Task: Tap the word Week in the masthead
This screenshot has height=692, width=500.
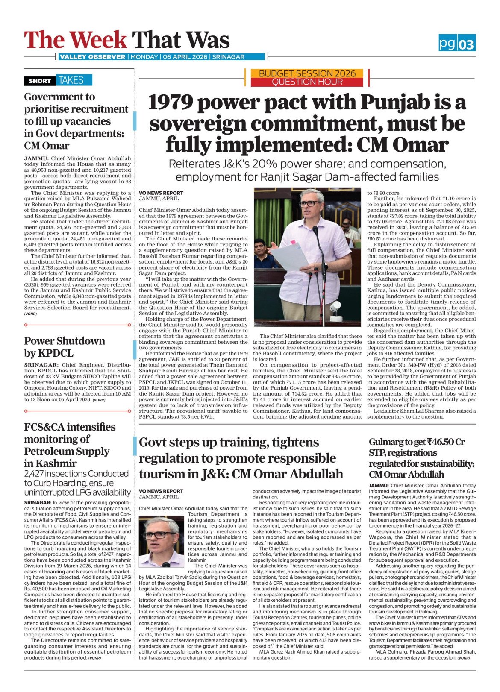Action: pyautogui.click(x=99, y=40)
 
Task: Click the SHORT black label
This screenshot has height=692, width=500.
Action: pyautogui.click(x=40, y=81)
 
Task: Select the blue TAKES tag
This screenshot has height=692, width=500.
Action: pyautogui.click(x=71, y=80)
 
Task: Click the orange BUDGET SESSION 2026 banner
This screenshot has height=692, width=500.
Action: pyautogui.click(x=307, y=73)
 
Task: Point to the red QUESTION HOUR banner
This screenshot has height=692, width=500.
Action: pyautogui.click(x=307, y=82)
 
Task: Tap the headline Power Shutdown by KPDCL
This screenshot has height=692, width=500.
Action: pyautogui.click(x=64, y=347)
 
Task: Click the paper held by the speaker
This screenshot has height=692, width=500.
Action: pyautogui.click(x=290, y=256)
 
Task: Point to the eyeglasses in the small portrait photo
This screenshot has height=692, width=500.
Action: pyautogui.click(x=159, y=534)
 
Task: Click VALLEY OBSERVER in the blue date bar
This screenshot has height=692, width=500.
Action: pyautogui.click(x=92, y=57)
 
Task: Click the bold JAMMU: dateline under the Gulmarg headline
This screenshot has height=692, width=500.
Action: pyautogui.click(x=379, y=486)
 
